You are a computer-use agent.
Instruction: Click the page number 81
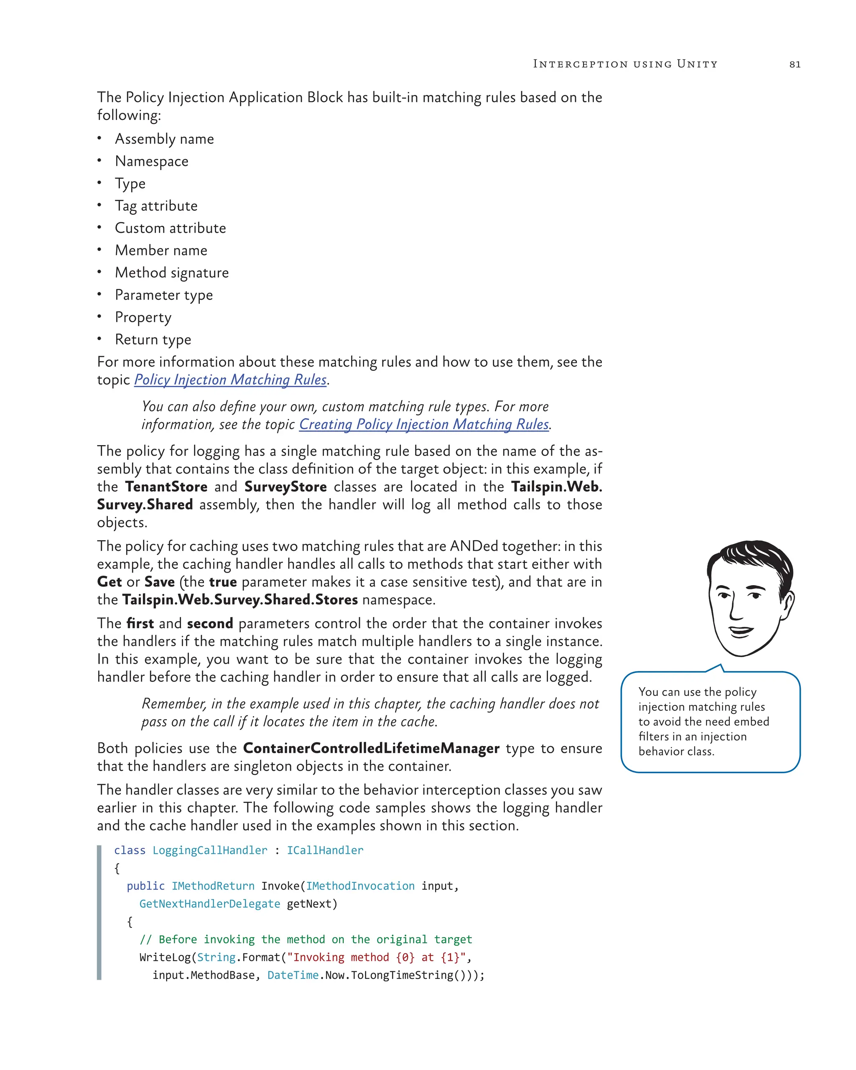point(795,64)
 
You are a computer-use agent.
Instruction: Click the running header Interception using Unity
point(625,64)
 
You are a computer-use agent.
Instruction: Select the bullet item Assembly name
point(164,139)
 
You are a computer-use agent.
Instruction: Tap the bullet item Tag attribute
point(156,206)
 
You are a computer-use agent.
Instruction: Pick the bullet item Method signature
point(172,273)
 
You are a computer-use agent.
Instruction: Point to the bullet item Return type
point(153,340)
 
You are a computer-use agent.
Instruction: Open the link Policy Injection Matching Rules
point(230,380)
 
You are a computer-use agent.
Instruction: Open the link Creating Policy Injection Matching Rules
point(424,425)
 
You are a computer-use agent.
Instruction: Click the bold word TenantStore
point(166,487)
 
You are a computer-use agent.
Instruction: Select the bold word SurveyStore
point(285,487)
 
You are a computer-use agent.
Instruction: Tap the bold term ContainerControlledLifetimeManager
point(371,749)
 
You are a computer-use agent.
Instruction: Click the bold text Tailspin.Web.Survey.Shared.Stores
point(239,600)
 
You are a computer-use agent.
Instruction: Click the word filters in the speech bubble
point(652,736)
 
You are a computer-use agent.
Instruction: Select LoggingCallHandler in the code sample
point(209,851)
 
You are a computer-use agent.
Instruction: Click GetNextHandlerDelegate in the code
point(209,904)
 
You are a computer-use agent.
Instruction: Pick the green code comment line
point(306,940)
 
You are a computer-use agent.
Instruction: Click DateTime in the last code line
point(293,976)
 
